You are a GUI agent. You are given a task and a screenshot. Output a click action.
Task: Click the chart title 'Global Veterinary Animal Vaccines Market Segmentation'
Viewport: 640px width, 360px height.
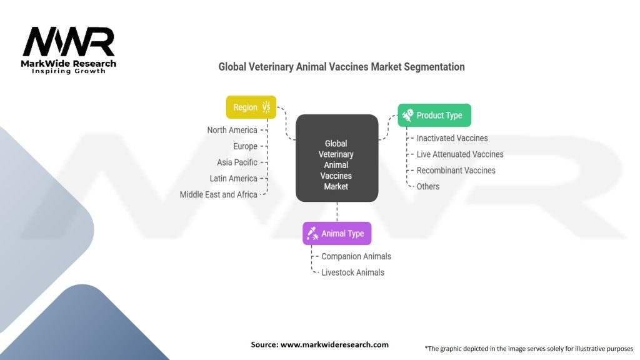click(x=341, y=66)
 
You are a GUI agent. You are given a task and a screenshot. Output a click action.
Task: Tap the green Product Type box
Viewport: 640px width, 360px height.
click(x=434, y=115)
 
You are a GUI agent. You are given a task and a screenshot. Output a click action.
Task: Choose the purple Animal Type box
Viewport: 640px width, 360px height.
click(x=337, y=233)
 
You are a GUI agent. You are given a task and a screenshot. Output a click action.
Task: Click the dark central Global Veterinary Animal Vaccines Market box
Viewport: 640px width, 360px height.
click(x=337, y=158)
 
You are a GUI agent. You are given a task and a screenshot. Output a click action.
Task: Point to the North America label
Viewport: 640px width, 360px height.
click(x=232, y=130)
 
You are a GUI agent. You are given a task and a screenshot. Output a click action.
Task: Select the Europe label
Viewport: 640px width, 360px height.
click(x=245, y=146)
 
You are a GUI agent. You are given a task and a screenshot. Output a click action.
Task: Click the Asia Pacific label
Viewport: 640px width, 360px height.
click(x=237, y=162)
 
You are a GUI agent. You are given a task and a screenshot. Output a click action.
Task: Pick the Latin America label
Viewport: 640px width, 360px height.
click(x=233, y=179)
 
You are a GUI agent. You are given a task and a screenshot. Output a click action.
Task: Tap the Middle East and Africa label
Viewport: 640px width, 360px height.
click(x=218, y=194)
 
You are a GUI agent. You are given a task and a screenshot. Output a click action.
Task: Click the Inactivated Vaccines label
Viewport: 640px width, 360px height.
click(x=452, y=138)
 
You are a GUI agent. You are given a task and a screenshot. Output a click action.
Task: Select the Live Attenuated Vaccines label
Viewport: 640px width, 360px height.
click(x=459, y=154)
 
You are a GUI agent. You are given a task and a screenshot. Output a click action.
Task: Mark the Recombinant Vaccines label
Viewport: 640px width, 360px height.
click(x=456, y=171)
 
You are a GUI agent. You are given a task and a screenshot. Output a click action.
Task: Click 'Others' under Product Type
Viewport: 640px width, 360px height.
click(x=427, y=186)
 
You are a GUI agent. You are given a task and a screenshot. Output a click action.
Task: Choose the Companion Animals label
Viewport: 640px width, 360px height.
click(x=356, y=256)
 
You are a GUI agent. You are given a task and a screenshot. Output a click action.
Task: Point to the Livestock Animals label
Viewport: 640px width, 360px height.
click(x=352, y=272)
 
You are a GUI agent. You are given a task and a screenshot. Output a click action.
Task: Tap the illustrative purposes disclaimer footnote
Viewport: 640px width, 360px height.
click(x=529, y=348)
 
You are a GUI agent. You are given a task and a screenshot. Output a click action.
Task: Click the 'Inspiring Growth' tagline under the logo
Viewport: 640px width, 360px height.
click(x=69, y=71)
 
